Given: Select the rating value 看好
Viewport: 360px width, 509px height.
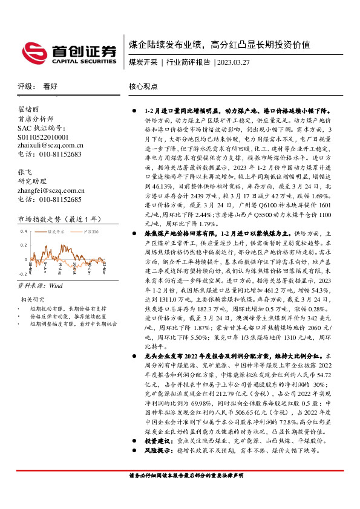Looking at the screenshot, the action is point(50,86).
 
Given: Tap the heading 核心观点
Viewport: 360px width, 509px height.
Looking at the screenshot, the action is point(143,86).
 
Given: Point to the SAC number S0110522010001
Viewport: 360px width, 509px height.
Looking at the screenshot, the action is point(44,137).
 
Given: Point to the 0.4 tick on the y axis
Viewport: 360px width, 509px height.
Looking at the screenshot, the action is point(24,232).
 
